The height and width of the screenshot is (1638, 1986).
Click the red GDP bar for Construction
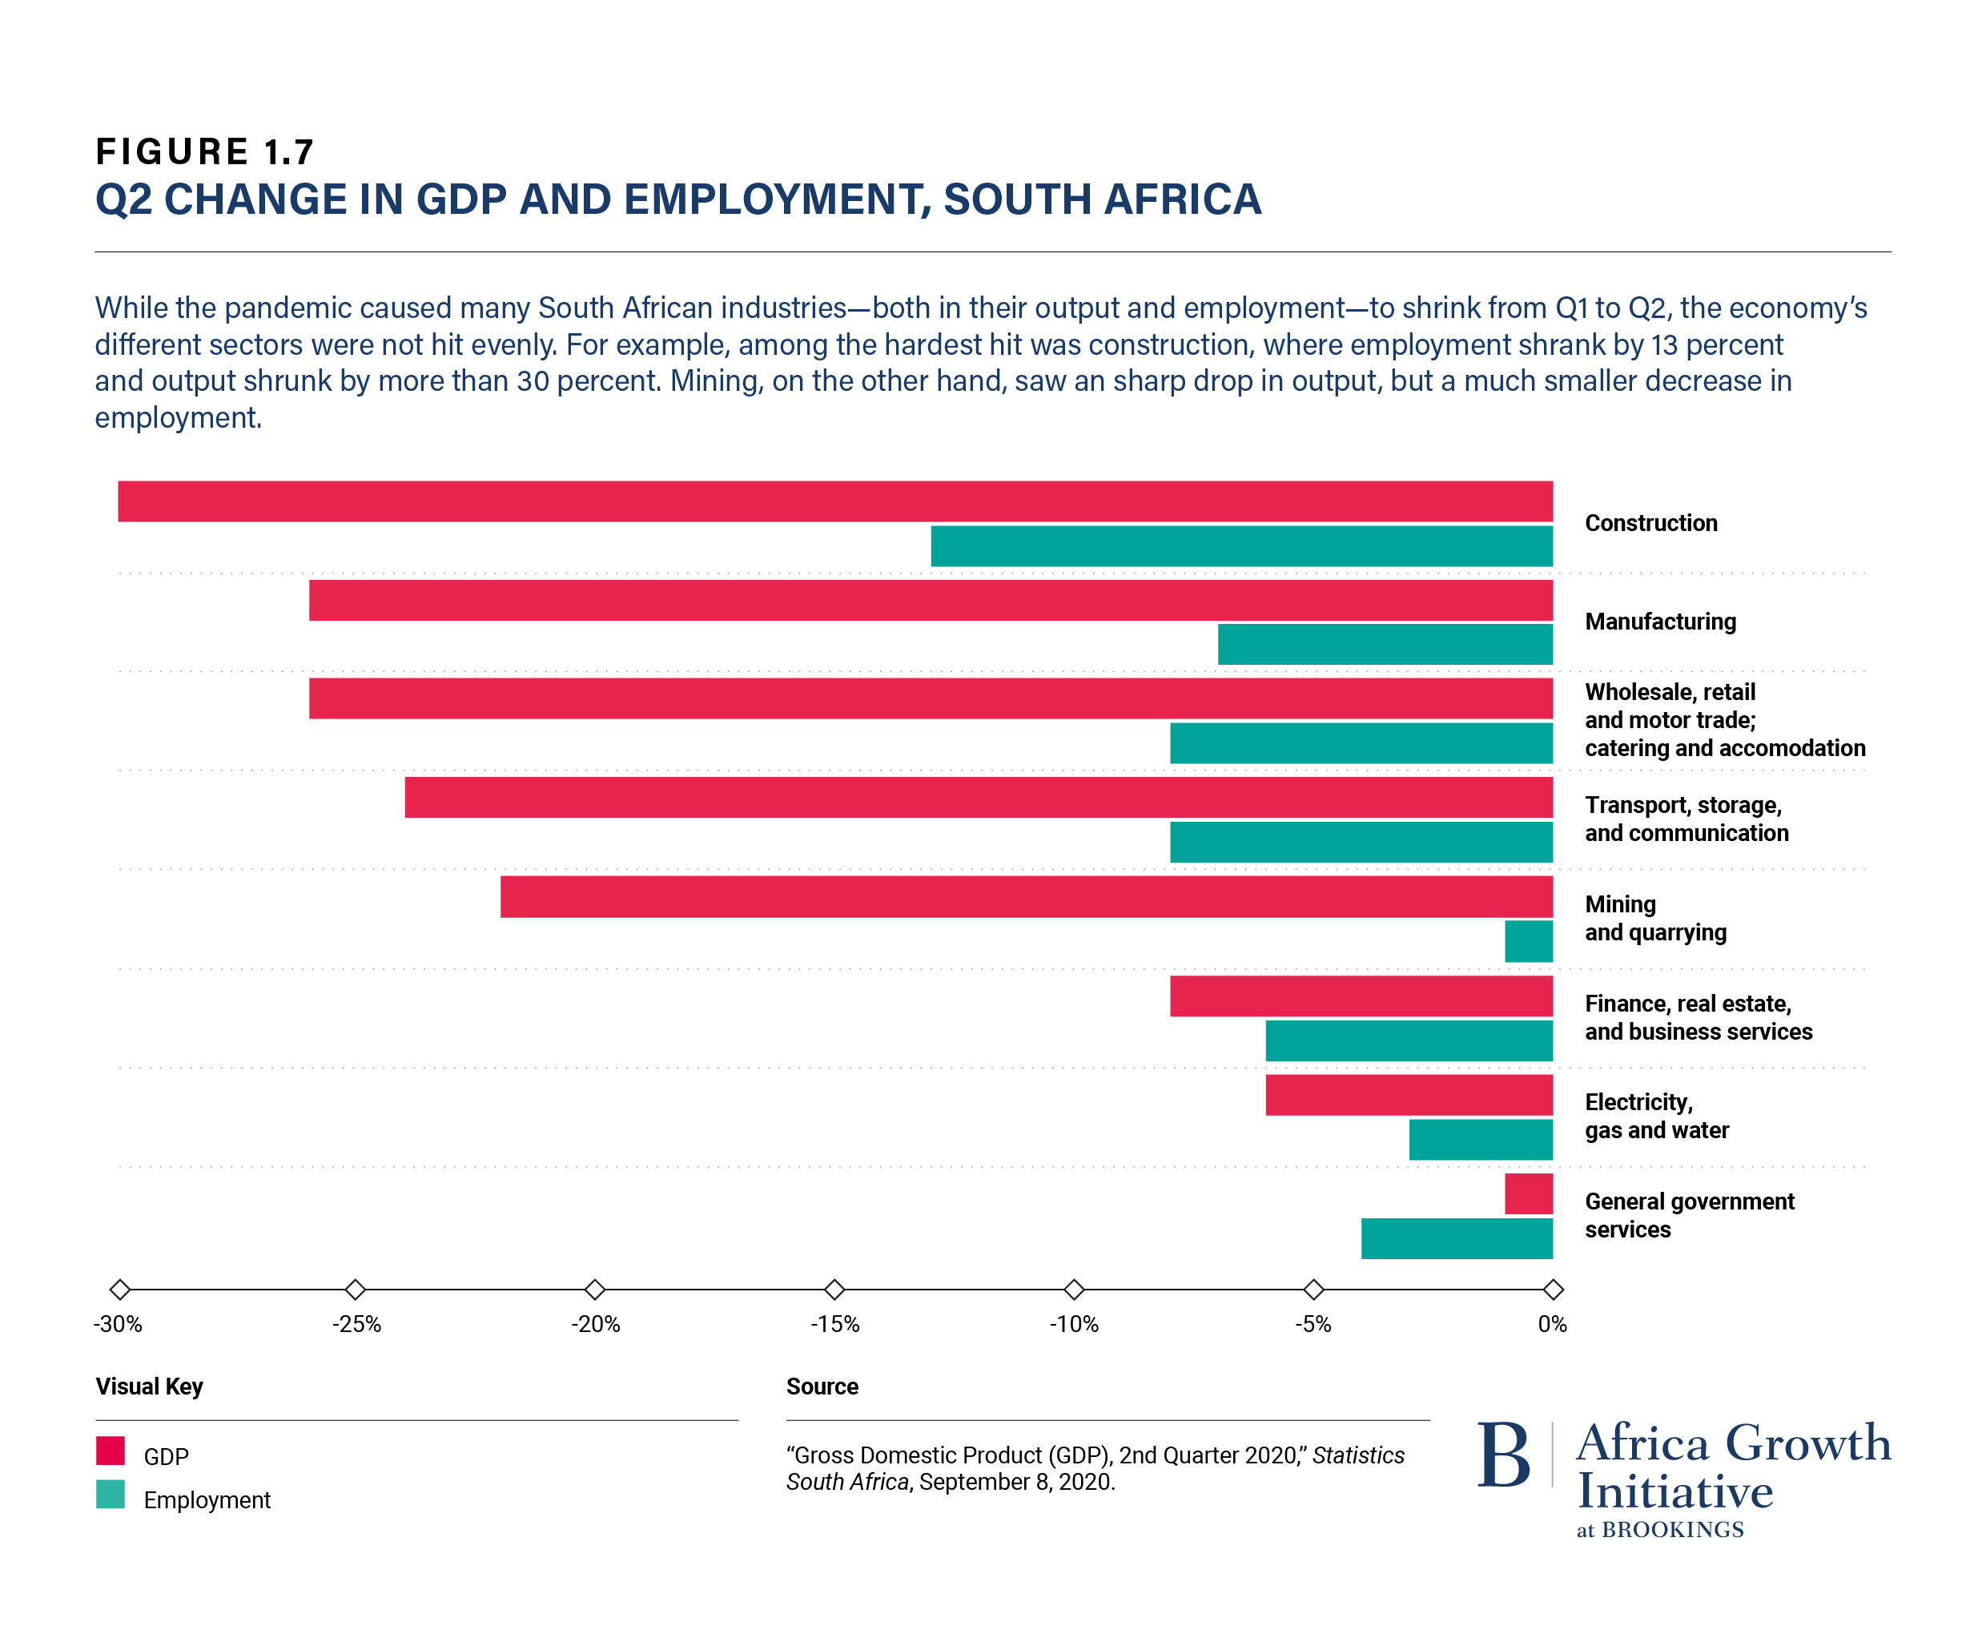click(835, 501)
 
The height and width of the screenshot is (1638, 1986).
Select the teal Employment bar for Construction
click(1240, 546)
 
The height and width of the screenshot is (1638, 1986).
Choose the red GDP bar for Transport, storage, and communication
click(979, 797)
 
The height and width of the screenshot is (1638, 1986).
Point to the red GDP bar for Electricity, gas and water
click(1409, 1094)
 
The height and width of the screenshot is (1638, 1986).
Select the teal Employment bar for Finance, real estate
click(1409, 1040)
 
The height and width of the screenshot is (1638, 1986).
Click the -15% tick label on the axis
click(835, 1324)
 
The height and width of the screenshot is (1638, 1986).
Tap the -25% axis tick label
click(356, 1324)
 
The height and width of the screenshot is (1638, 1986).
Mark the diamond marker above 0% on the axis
click(1553, 1289)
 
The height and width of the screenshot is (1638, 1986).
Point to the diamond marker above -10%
click(1074, 1289)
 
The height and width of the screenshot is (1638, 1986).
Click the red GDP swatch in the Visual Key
click(111, 1451)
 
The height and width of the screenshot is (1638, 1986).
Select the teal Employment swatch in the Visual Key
click(111, 1495)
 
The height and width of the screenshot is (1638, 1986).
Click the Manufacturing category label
click(1659, 622)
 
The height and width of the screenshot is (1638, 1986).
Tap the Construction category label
click(1650, 523)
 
